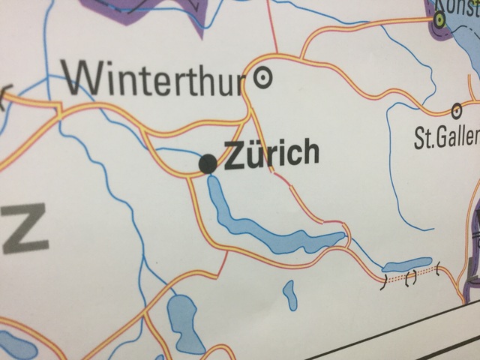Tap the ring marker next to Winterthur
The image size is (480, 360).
(263, 76)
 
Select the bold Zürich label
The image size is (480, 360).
(272, 154)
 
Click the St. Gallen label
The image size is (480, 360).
(446, 136)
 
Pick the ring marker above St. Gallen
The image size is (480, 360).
(456, 110)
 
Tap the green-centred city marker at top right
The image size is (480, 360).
(439, 19)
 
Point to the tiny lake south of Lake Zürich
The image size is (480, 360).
(290, 294)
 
